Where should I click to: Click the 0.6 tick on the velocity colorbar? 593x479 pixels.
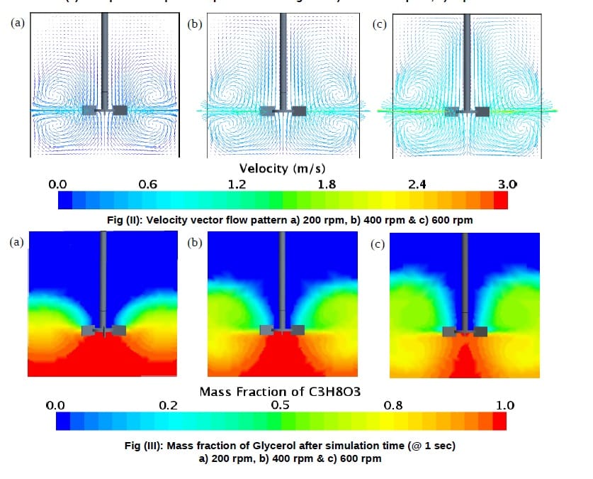click(x=147, y=185)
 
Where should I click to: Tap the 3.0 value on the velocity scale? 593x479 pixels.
click(x=507, y=185)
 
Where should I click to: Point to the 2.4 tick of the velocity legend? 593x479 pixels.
click(x=417, y=185)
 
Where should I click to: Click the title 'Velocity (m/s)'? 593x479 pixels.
click(x=282, y=168)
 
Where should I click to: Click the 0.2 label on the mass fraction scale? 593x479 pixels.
click(x=168, y=406)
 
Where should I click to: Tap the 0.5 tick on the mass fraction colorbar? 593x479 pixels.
click(x=281, y=406)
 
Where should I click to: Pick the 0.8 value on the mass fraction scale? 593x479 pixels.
click(x=393, y=406)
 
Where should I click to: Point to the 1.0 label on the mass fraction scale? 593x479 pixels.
click(x=505, y=406)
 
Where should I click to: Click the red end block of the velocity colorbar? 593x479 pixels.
click(x=500, y=201)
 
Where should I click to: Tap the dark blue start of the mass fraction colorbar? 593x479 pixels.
click(x=62, y=422)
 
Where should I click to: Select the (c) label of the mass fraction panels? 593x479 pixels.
click(x=378, y=246)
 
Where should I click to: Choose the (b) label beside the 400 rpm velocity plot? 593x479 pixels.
click(x=193, y=23)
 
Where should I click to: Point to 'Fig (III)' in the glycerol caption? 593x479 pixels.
click(x=141, y=445)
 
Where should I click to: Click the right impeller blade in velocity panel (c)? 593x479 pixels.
click(x=483, y=111)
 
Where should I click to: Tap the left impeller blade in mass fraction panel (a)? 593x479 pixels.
click(x=89, y=330)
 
